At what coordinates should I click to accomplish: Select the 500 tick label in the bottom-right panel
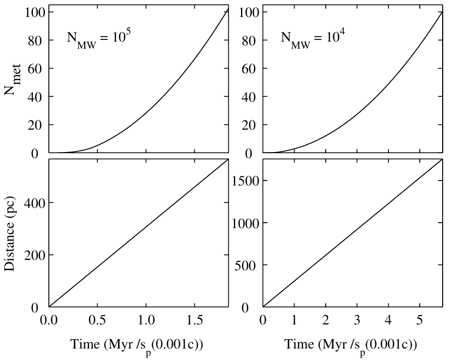tap(247, 265)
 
